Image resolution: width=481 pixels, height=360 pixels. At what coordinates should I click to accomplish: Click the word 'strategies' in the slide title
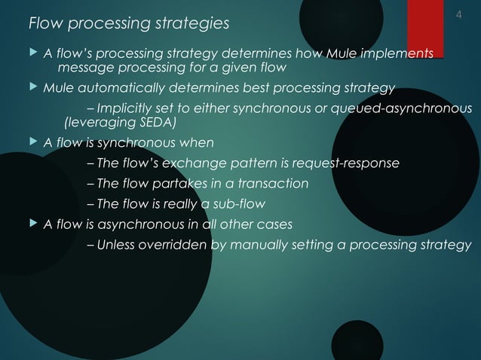[191, 24]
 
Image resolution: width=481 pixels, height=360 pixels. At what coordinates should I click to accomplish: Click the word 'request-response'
[350, 163]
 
